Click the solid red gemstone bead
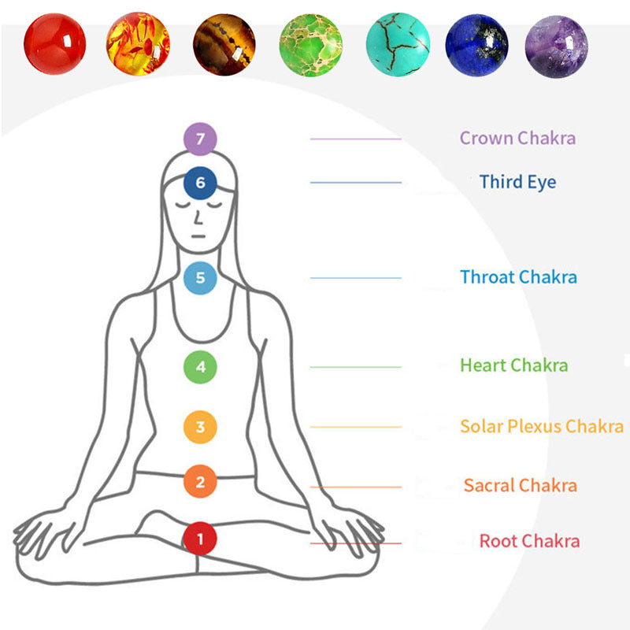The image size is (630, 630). pyautogui.click(x=54, y=44)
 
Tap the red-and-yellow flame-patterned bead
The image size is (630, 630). pyautogui.click(x=138, y=44)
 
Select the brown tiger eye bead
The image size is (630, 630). pyautogui.click(x=224, y=45)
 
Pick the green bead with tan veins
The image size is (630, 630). pyautogui.click(x=310, y=45)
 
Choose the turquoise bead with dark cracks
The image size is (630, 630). pyautogui.click(x=398, y=44)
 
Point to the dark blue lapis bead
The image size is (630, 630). pyautogui.click(x=477, y=45)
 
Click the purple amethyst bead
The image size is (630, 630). pyautogui.click(x=557, y=46)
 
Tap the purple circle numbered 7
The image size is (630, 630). pyautogui.click(x=200, y=139)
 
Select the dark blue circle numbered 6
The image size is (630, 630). pyautogui.click(x=200, y=183)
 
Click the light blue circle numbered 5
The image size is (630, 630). pyautogui.click(x=200, y=278)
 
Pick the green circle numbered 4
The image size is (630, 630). pyautogui.click(x=200, y=367)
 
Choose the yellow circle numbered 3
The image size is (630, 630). pyautogui.click(x=200, y=427)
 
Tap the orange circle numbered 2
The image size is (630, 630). pyautogui.click(x=200, y=481)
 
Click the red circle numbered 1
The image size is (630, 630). pyautogui.click(x=200, y=539)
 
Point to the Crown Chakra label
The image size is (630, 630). pyautogui.click(x=517, y=139)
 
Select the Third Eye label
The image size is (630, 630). pyautogui.click(x=517, y=182)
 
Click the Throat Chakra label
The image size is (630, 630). pyautogui.click(x=518, y=277)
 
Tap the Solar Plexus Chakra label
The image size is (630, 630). pyautogui.click(x=542, y=426)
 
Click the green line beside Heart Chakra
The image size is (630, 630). pyautogui.click(x=356, y=367)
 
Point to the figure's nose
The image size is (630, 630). pyautogui.click(x=198, y=218)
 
